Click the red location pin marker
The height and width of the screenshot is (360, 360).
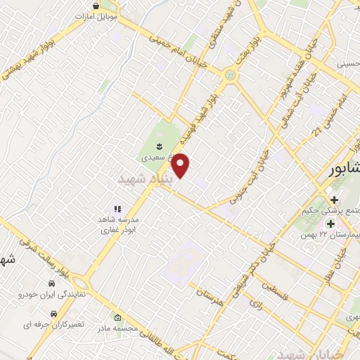click(181, 166)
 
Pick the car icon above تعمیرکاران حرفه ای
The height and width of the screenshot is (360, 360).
click(53, 314)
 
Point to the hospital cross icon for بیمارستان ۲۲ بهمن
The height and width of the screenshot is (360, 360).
click(330, 224)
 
